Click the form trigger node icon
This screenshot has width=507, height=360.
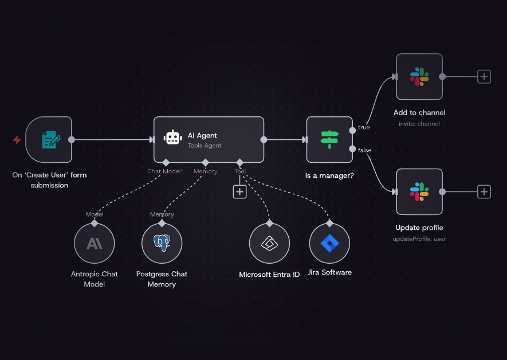pyautogui.click(x=49, y=139)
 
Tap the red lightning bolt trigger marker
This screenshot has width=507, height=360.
pyautogui.click(x=17, y=139)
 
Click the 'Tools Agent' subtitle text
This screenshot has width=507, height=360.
pyautogui.click(x=205, y=146)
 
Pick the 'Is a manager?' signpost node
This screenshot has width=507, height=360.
pyautogui.click(x=329, y=139)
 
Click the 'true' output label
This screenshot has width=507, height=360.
pyautogui.click(x=364, y=127)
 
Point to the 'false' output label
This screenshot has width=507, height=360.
pyautogui.click(x=364, y=150)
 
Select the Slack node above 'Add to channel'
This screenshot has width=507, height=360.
pyautogui.click(x=419, y=76)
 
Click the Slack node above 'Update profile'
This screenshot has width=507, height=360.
pyautogui.click(x=419, y=191)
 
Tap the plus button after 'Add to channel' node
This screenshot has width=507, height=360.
pyautogui.click(x=484, y=76)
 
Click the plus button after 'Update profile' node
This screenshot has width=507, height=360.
pyautogui.click(x=484, y=191)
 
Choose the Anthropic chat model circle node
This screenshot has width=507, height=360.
pyautogui.click(x=95, y=244)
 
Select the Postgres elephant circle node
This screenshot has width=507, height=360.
pyautogui.click(x=162, y=244)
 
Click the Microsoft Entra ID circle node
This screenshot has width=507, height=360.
pyautogui.click(x=269, y=244)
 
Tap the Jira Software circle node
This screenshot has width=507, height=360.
pyautogui.click(x=329, y=244)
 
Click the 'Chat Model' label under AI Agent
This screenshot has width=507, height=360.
pyautogui.click(x=164, y=171)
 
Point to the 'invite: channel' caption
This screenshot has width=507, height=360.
pyautogui.click(x=419, y=124)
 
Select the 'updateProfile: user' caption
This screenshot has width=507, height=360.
pyautogui.click(x=419, y=238)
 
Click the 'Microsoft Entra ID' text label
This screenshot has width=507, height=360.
pyautogui.click(x=269, y=275)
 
